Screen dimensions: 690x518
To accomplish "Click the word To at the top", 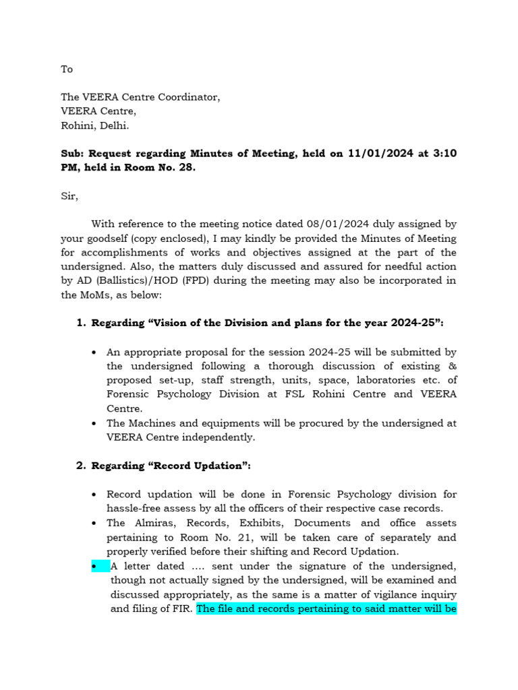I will click(x=67, y=69).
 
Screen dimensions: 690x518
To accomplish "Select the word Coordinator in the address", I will click(x=189, y=97).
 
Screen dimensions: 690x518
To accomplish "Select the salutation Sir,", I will click(x=69, y=196).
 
